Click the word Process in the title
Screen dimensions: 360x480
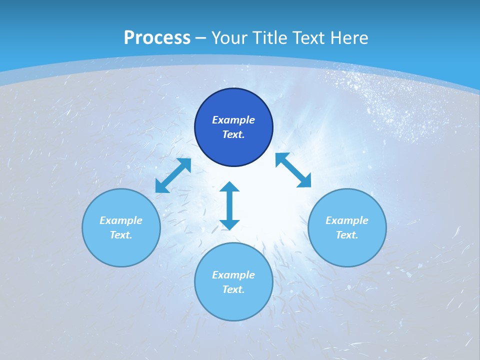pos(157,38)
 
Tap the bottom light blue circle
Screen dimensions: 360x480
pos(233,305)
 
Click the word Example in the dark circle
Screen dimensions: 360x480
pos(233,120)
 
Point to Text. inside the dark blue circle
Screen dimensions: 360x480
pos(233,134)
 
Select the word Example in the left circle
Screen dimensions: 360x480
pos(121,220)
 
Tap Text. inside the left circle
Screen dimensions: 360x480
pos(121,235)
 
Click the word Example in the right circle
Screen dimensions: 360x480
pos(347,220)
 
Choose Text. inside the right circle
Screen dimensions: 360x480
pos(347,235)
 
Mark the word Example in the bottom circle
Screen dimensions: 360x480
pos(233,275)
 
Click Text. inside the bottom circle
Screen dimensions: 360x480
pos(233,289)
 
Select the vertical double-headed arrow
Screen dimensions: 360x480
pos(229,205)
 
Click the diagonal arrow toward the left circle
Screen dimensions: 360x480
pos(173,175)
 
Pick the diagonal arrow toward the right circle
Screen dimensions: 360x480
pos(293,170)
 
